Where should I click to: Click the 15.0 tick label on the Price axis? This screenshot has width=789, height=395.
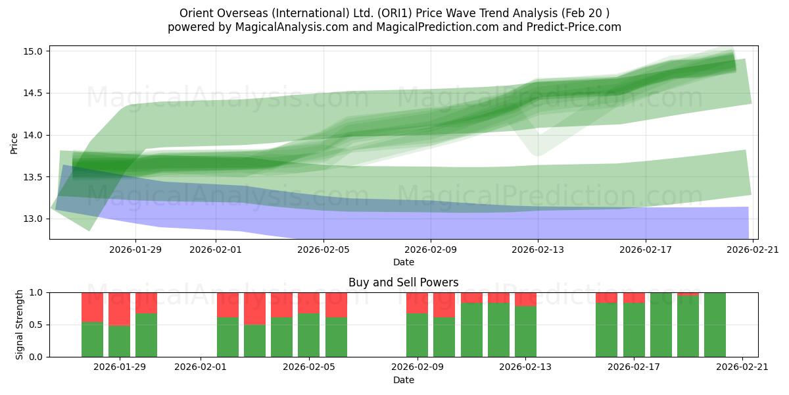point(33,51)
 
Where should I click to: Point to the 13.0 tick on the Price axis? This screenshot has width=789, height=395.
point(33,219)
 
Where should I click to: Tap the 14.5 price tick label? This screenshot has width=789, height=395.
point(33,93)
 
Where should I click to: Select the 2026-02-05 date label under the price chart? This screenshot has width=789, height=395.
point(323,250)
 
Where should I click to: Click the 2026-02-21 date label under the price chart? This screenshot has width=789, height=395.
point(753,250)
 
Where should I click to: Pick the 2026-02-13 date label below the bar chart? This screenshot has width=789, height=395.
point(525,367)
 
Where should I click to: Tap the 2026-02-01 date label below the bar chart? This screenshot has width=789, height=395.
point(201,367)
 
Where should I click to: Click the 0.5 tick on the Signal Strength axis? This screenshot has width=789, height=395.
point(36,325)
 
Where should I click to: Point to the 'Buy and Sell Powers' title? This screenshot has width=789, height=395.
point(403,282)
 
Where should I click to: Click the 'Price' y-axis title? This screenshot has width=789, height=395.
point(14,144)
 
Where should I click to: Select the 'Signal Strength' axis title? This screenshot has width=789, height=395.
point(19,325)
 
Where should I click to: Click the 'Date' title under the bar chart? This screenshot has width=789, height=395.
point(404,380)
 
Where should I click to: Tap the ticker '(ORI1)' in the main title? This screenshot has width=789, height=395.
point(395,13)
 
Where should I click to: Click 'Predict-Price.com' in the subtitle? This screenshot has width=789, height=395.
point(574,27)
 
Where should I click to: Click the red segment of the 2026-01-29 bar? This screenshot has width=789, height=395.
point(120,309)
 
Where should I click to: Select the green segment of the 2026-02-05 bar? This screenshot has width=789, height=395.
point(309,335)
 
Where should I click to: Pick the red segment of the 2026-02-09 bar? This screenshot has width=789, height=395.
point(417,303)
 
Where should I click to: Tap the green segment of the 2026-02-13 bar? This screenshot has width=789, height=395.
point(525,332)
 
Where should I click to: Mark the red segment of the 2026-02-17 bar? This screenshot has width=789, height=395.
point(634,298)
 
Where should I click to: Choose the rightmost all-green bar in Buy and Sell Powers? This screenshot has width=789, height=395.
point(715,325)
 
